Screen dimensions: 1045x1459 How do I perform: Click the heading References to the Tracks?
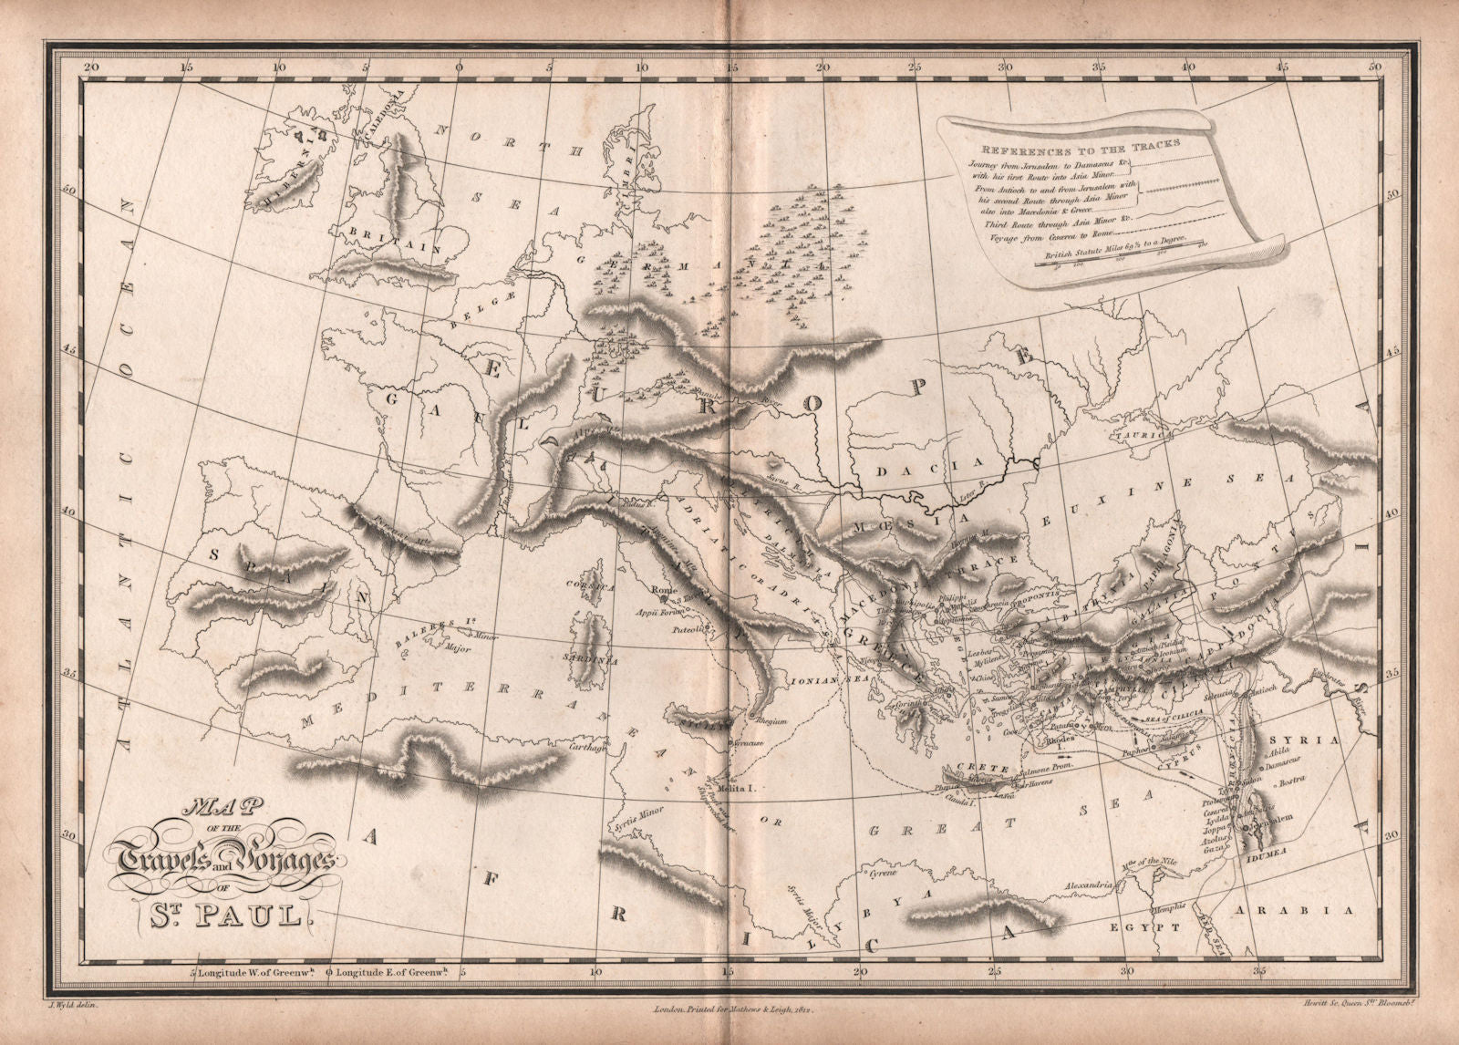click(x=1074, y=143)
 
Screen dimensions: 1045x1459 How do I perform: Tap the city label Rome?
click(x=663, y=591)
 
